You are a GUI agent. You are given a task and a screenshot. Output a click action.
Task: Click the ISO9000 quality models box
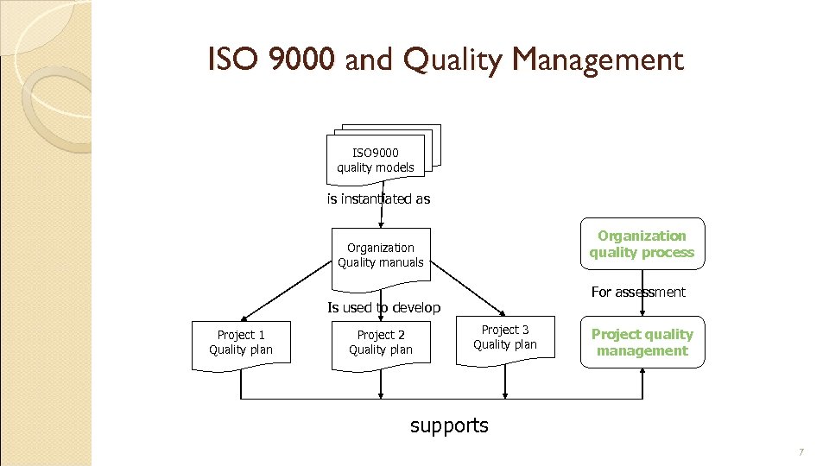(376, 161)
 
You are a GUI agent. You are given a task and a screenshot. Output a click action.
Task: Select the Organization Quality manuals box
(381, 255)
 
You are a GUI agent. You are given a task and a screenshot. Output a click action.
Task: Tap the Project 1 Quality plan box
(240, 343)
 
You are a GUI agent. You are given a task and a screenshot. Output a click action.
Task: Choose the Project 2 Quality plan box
(381, 343)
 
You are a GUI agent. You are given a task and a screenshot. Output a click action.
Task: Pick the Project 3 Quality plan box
(505, 337)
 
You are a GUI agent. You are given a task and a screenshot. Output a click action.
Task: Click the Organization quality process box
(642, 244)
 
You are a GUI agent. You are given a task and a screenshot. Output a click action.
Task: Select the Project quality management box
(642, 343)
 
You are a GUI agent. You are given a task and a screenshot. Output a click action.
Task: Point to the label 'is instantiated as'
(378, 198)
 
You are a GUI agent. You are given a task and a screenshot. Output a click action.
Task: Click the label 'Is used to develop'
(383, 307)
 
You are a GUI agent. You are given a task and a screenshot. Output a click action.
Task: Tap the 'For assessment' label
(638, 292)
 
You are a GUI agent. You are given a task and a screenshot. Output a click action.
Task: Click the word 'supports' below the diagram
(449, 425)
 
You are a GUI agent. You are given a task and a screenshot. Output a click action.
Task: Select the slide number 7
(801, 452)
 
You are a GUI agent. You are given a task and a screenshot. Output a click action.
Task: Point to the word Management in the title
(598, 60)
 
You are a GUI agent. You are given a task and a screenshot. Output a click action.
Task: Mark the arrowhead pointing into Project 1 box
(244, 317)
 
